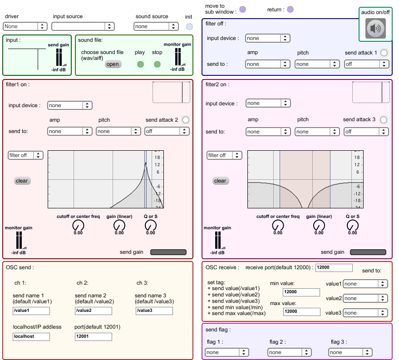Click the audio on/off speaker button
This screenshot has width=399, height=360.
(375, 29)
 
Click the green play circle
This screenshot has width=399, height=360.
(140, 64)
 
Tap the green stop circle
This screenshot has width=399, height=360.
(157, 64)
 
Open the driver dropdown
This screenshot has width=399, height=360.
(25, 27)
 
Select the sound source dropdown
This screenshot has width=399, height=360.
(155, 27)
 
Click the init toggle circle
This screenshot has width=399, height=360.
(189, 26)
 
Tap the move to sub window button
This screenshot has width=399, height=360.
(242, 9)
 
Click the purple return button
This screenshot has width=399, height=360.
(290, 9)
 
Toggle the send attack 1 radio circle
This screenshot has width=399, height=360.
(384, 53)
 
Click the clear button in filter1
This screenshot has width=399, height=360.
(22, 181)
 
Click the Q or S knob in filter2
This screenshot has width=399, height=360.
(352, 225)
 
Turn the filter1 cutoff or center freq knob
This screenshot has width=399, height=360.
(78, 225)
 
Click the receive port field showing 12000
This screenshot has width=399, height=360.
(334, 268)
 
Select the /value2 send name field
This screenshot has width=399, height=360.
(93, 311)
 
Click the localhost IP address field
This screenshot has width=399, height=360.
(31, 337)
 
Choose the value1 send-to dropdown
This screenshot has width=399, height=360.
(365, 284)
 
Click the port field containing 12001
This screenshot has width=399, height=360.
(93, 337)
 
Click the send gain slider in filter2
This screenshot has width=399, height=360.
(368, 252)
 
